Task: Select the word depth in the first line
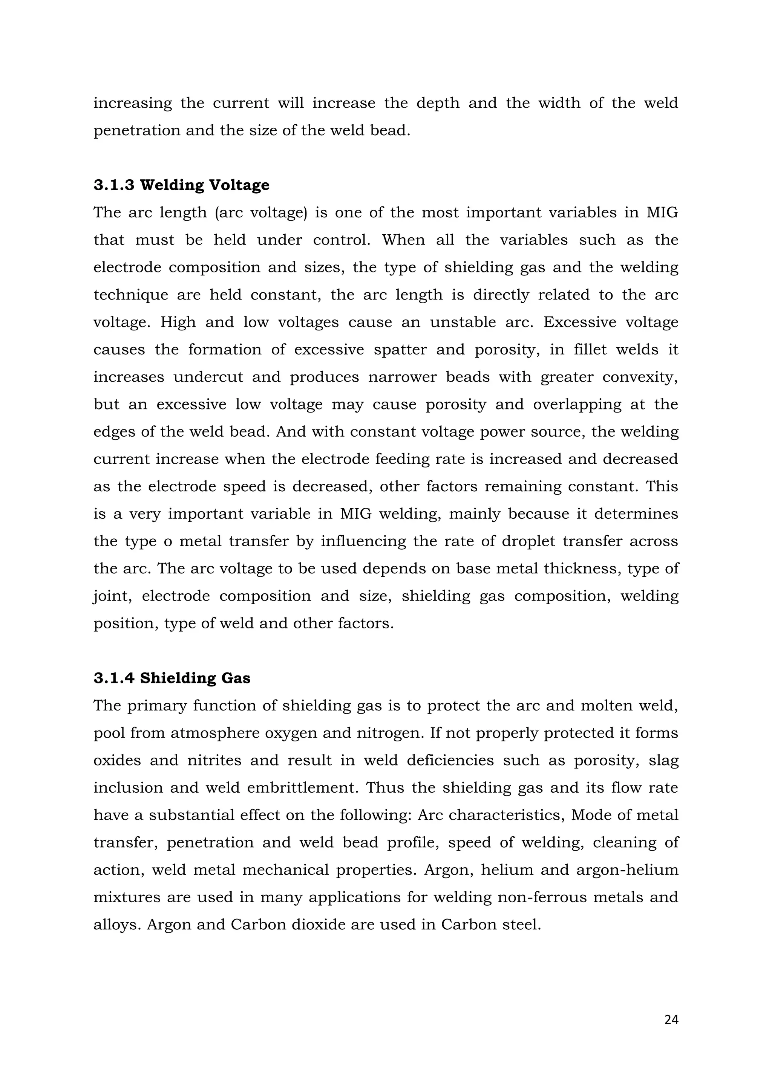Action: (x=438, y=103)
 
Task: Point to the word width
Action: (x=559, y=103)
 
